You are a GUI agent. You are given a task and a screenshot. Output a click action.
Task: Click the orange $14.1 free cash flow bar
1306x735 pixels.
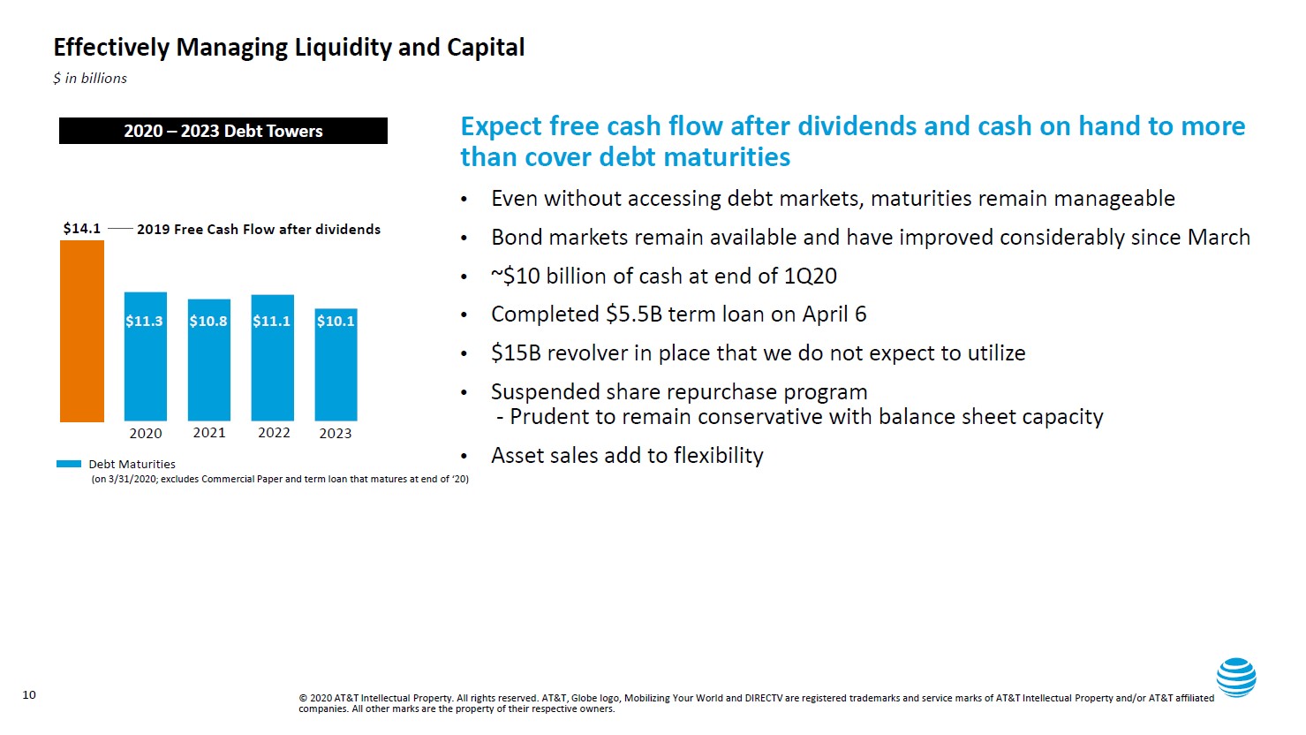82,330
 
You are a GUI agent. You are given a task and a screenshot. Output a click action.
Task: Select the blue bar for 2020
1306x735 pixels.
145,356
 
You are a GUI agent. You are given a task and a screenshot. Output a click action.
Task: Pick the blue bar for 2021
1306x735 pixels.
208,360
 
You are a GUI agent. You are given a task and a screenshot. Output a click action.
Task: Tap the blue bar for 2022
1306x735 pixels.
272,358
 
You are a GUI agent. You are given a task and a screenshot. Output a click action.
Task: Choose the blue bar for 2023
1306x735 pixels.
336,365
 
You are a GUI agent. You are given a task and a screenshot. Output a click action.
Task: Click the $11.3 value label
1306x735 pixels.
144,321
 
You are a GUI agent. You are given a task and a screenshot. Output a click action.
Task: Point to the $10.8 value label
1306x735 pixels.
208,321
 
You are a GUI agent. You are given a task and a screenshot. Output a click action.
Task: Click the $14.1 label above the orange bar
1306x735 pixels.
81,229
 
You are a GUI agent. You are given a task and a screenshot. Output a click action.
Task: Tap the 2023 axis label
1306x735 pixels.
336,434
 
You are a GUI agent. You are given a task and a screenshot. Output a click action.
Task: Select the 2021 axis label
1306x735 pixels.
209,433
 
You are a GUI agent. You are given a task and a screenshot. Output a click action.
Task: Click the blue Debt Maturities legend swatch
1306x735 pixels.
69,464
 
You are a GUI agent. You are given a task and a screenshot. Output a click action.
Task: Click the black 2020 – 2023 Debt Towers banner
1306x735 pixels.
223,131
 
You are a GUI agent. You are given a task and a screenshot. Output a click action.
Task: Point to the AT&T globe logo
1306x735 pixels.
1236,678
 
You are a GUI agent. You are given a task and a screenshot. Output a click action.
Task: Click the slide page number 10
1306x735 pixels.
29,694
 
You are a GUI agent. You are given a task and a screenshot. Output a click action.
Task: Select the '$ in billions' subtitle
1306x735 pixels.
90,78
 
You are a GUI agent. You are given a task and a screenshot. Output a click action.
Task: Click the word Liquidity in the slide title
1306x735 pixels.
343,48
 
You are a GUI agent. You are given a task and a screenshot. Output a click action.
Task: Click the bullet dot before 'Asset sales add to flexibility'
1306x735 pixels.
464,456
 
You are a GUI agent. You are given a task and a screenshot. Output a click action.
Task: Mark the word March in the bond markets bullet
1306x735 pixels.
1219,238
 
